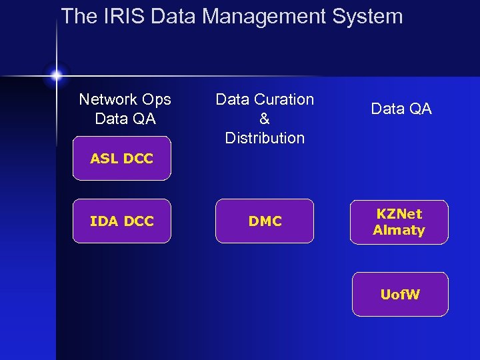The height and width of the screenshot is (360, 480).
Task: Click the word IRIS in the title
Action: pyautogui.click(x=121, y=16)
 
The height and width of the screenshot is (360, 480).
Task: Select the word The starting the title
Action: pyautogui.click(x=79, y=16)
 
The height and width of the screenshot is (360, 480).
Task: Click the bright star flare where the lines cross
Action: pyautogui.click(x=56, y=75)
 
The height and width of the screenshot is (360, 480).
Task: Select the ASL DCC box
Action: pyautogui.click(x=121, y=159)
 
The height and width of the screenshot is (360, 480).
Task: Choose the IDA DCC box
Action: pyautogui.click(x=121, y=221)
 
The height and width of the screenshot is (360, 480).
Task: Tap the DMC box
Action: pyautogui.click(x=265, y=221)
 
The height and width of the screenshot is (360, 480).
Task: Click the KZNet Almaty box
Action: pyautogui.click(x=399, y=222)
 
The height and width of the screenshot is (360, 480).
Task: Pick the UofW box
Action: pyautogui.click(x=400, y=294)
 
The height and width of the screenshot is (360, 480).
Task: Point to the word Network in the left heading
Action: pyautogui.click(x=107, y=99)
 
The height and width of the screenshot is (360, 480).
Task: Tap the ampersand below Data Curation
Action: pyautogui.click(x=265, y=119)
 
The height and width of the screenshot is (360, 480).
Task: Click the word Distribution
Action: pyautogui.click(x=265, y=138)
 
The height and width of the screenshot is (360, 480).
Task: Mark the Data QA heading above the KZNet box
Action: pyautogui.click(x=401, y=109)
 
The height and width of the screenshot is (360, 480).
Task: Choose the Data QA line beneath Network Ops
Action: pyautogui.click(x=125, y=119)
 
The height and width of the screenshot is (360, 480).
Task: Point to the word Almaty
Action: pyautogui.click(x=399, y=230)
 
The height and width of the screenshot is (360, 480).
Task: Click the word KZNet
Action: pyautogui.click(x=399, y=214)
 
